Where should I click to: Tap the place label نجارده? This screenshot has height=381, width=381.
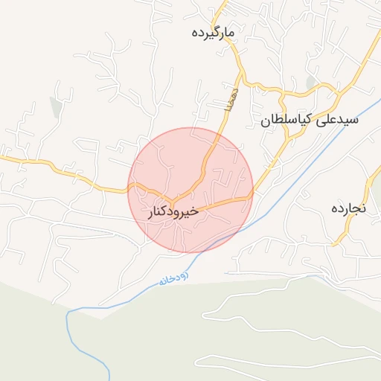point(348,208)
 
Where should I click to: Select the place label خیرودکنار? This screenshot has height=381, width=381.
point(174,212)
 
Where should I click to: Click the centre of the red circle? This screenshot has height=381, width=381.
point(190,190)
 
